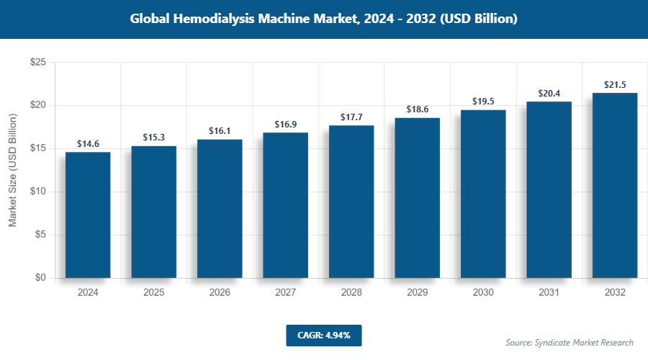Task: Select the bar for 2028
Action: coord(351,202)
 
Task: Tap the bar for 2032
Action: coord(615,185)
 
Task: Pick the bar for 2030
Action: coord(483,194)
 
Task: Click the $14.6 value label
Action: coord(88,144)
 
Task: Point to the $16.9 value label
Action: coord(286,125)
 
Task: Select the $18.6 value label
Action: coord(418,109)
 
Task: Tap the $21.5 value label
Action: coord(615,85)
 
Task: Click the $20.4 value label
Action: coord(549,94)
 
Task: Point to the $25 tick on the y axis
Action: coord(37,63)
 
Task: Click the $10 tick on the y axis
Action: coord(37,192)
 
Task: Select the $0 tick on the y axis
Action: coord(40,278)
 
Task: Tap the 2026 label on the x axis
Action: coord(220,293)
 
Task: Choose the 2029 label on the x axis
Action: coord(418,293)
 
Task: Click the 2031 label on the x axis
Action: coord(549,293)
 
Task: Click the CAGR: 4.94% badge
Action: coord(323,335)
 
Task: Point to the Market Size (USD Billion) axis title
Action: coord(12,171)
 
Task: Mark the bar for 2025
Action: coord(154,212)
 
